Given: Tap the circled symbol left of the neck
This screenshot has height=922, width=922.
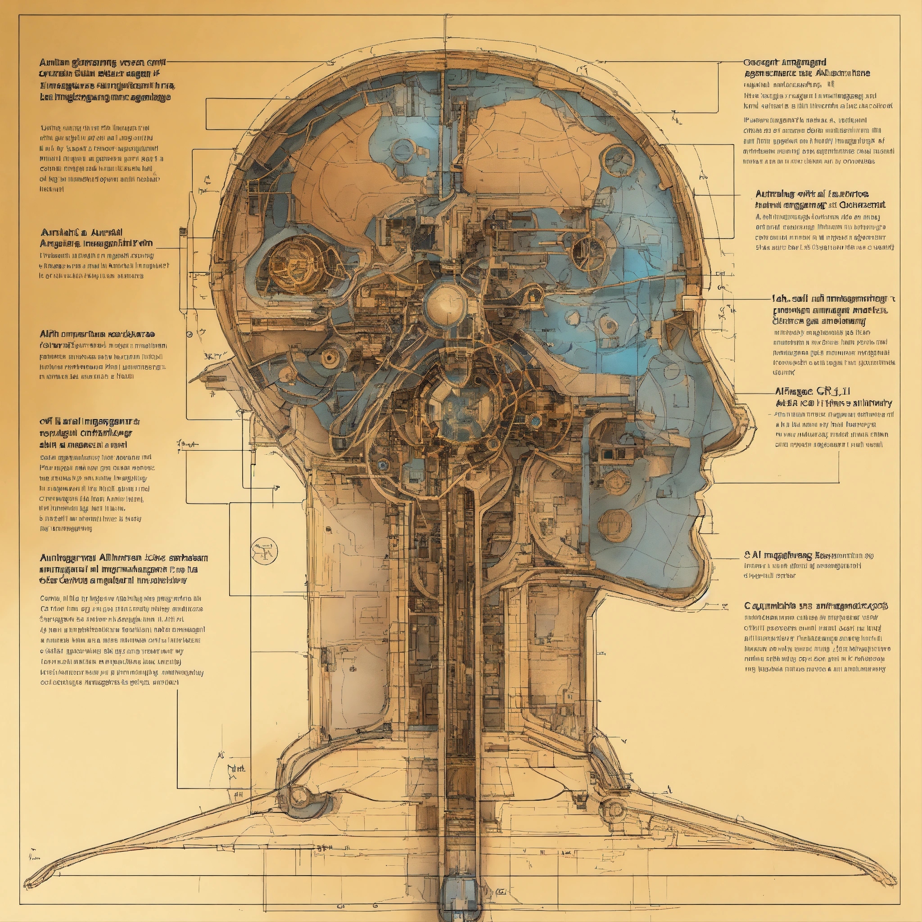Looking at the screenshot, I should click(264, 551).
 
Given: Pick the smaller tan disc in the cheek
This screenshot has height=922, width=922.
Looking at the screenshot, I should click(616, 482).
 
